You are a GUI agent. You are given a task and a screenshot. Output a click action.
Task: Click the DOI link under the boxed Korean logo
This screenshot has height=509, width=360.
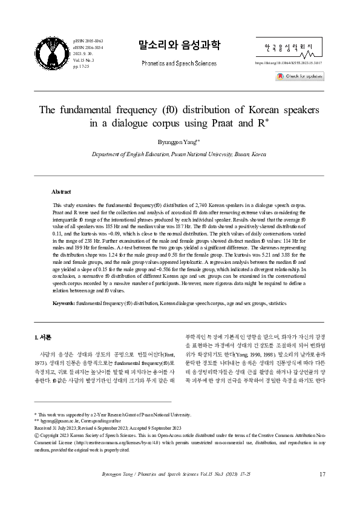click(289, 63)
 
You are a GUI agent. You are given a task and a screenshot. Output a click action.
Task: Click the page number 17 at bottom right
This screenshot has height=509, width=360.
click(322, 473)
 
